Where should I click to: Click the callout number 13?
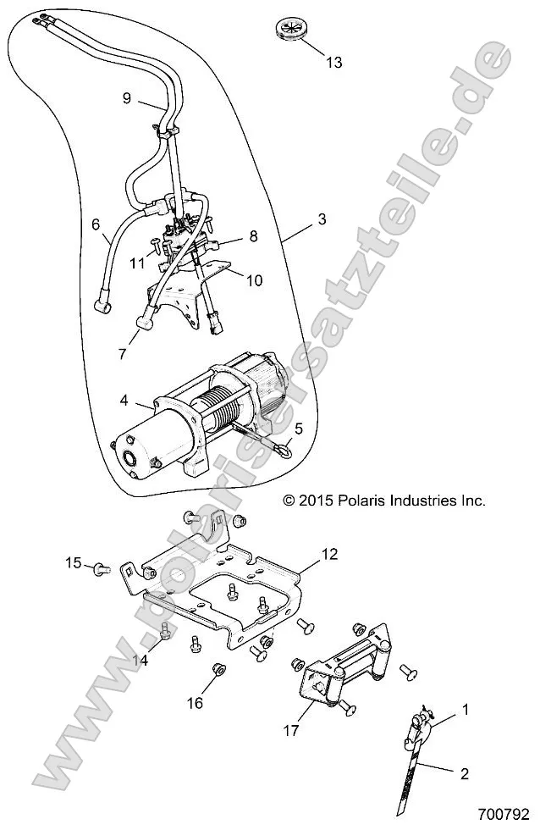[334, 63]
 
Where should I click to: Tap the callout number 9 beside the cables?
[127, 98]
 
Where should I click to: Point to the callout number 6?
[96, 224]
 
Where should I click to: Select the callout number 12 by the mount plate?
[306, 555]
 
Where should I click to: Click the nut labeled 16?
[217, 671]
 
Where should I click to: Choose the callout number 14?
[141, 661]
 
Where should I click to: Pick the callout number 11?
[137, 263]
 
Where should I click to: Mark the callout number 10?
[255, 280]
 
